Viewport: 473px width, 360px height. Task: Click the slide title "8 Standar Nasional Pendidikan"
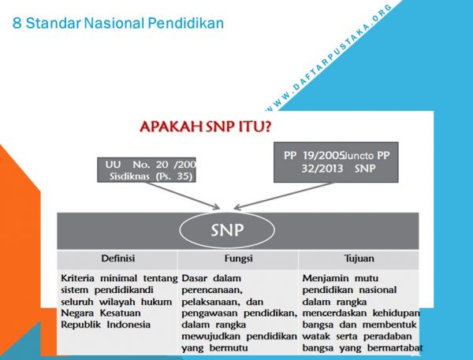point(118,23)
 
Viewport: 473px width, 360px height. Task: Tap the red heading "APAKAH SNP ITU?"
point(206,126)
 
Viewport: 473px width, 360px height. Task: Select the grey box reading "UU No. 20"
point(147,169)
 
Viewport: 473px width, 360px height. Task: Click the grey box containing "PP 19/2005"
point(336,162)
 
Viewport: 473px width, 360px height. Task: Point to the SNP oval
point(227,230)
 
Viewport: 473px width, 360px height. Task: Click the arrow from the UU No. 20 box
point(183,195)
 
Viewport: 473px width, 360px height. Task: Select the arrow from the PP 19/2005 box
point(284,196)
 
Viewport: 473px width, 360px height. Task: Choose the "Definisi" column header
point(118,258)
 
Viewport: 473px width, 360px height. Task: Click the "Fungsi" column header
point(238,258)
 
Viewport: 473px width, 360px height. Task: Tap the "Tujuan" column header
point(359,258)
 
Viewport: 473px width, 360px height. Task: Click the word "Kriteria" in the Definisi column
point(77,278)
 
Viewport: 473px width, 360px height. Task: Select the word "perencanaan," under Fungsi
point(212,291)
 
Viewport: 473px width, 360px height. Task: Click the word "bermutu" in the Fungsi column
point(229,347)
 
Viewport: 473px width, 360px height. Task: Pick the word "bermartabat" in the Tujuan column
point(395,347)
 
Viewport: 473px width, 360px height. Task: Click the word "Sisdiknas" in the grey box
point(129,176)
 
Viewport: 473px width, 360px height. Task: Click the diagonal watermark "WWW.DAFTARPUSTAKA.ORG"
point(328,58)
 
